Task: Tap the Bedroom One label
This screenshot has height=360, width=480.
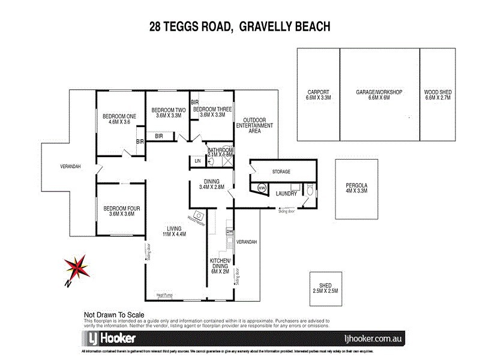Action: (119, 119)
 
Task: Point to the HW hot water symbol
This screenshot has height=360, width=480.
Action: (262, 188)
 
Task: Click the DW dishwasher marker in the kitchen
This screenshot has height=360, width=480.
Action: (229, 231)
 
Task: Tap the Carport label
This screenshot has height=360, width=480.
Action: (319, 94)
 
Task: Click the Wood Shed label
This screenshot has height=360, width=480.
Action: (437, 94)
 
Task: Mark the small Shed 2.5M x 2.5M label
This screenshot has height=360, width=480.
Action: (326, 287)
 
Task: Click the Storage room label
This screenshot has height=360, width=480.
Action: (281, 172)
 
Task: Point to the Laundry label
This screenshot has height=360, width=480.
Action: (286, 194)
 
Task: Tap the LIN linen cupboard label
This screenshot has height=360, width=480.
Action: (197, 161)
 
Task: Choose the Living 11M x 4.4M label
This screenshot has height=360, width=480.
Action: (175, 231)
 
